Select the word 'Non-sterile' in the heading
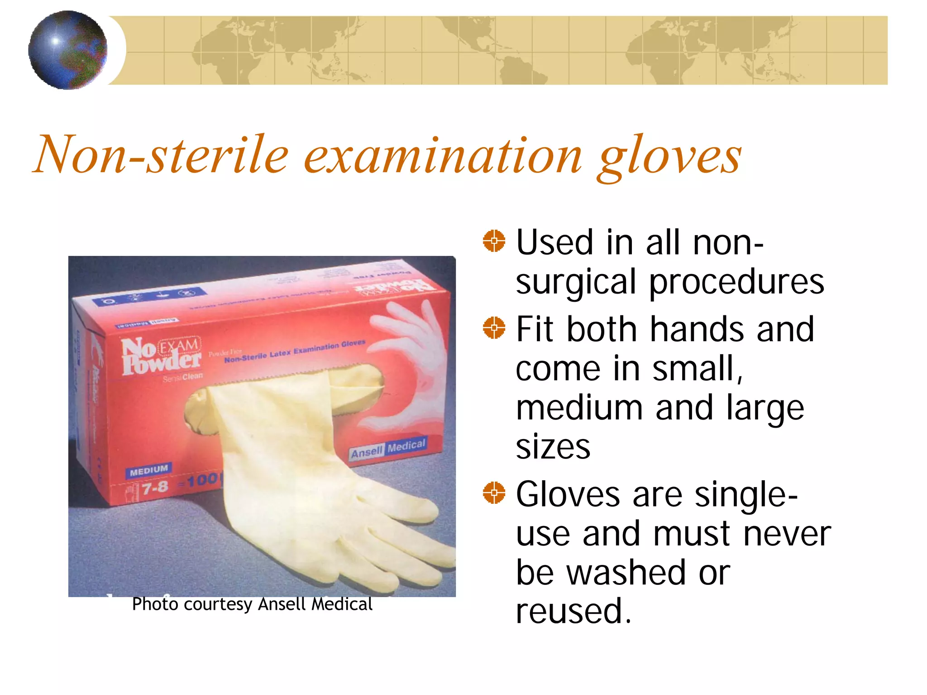[x=161, y=155]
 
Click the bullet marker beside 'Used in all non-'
[x=494, y=241]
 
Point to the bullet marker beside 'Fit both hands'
[x=494, y=328]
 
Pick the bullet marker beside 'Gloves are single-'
[x=494, y=492]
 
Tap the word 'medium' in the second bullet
[x=579, y=408]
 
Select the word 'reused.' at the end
[x=573, y=612]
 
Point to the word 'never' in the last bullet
[x=787, y=534]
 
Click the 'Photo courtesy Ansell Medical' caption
[x=252, y=604]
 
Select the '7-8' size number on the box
[x=154, y=488]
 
